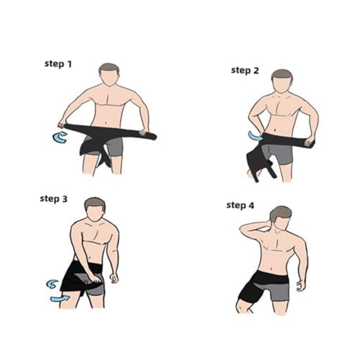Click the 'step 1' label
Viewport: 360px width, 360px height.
58,64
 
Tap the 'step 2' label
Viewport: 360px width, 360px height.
245,71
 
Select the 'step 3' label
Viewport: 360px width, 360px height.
53,199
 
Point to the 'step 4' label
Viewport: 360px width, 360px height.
240,205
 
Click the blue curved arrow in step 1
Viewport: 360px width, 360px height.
59,138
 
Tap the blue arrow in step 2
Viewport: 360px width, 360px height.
255,136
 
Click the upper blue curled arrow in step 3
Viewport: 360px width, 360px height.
53,284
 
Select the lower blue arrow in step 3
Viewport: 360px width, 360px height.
60,298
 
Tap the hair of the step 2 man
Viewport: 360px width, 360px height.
282,75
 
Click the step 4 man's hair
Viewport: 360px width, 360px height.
279,213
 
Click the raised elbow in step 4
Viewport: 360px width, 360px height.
243,228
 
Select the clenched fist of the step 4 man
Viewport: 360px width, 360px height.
301,287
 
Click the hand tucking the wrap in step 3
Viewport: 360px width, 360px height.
96,279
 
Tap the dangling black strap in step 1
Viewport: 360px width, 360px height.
104,160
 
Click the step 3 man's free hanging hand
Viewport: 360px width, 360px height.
114,278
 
